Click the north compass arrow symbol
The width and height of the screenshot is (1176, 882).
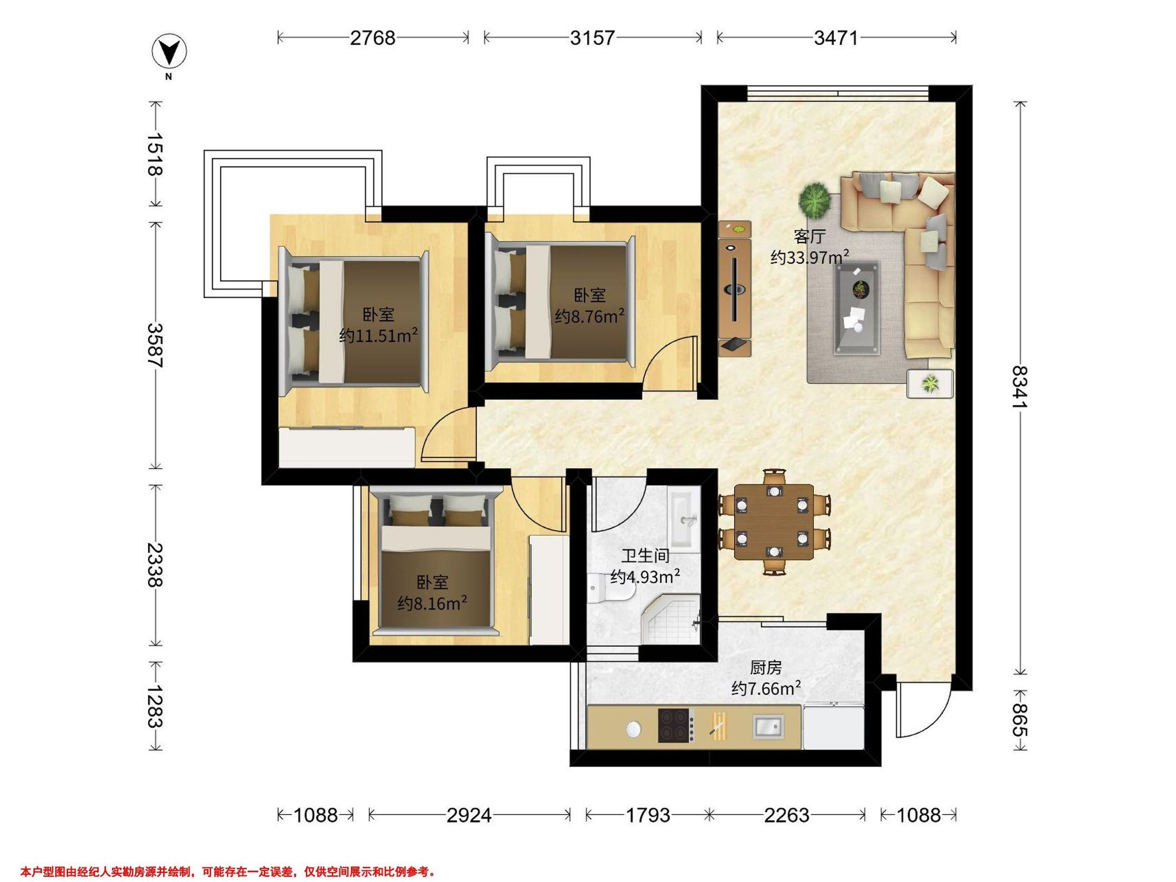(x=170, y=52)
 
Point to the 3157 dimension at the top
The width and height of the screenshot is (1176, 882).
(x=592, y=38)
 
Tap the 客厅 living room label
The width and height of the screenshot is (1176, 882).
(x=809, y=236)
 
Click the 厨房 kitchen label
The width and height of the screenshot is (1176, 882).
(x=766, y=667)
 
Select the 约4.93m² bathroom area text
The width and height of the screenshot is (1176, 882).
(x=645, y=577)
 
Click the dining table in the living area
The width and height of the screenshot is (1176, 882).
(x=774, y=521)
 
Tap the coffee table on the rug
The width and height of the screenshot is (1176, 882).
(x=857, y=307)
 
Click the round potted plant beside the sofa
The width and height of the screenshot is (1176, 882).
(x=814, y=200)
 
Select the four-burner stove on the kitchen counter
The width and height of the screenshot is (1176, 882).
(x=676, y=725)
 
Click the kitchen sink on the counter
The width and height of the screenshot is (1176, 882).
(x=768, y=726)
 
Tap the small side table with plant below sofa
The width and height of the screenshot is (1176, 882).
(x=930, y=383)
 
